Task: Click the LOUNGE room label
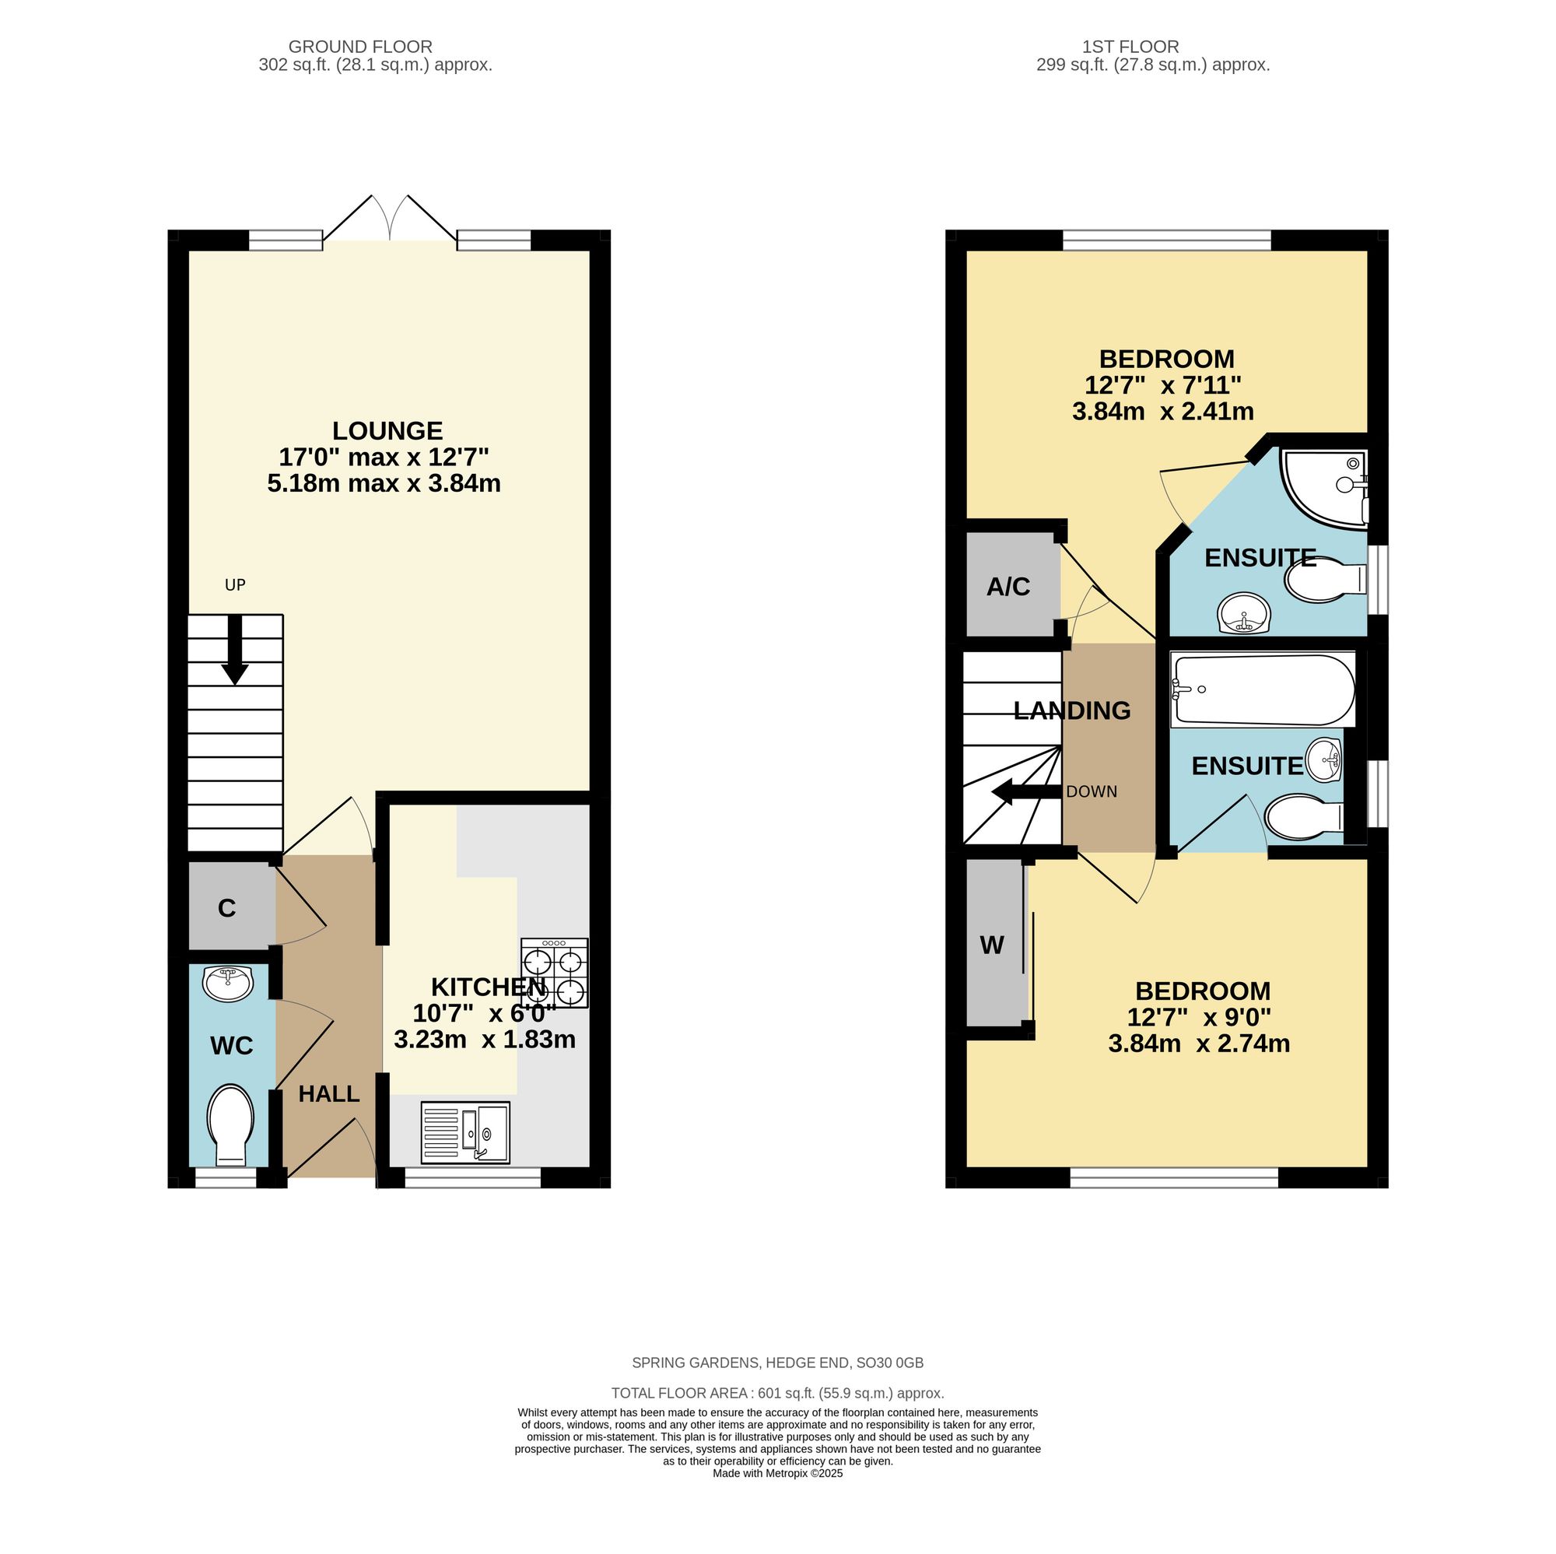(x=387, y=431)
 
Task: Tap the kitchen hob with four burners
(x=554, y=973)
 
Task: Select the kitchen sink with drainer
(x=465, y=1133)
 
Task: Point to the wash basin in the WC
(x=228, y=984)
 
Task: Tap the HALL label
(x=328, y=1094)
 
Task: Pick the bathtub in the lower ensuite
(x=1263, y=689)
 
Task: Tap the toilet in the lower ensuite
(x=1304, y=818)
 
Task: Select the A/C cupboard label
(x=1008, y=587)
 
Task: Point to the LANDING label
(x=1072, y=710)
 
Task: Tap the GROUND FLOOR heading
(x=360, y=47)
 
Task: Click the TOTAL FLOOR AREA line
(x=777, y=1393)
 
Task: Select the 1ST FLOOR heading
(x=1130, y=47)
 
